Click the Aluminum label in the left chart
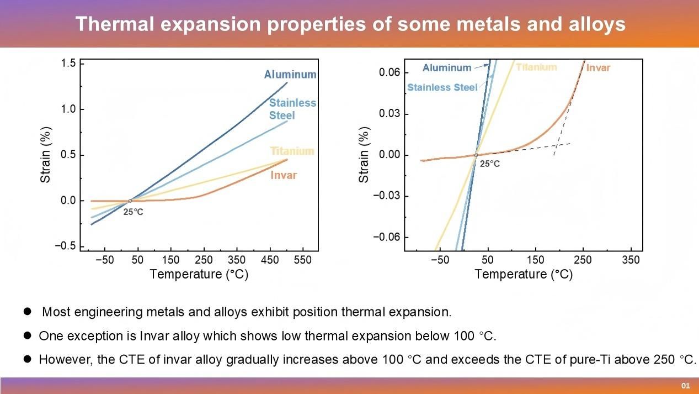[x=290, y=75]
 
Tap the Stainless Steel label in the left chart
[x=292, y=109]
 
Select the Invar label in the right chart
[x=598, y=68]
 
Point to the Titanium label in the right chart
[x=536, y=67]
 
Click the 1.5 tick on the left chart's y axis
[x=68, y=64]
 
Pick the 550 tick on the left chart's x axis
[x=303, y=260]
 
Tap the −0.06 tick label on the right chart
[x=387, y=237]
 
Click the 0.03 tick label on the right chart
[x=389, y=113]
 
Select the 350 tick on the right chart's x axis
[x=631, y=260]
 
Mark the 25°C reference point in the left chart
[x=130, y=201]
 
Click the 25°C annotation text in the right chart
[x=489, y=164]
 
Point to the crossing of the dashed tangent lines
[x=557, y=146]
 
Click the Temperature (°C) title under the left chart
[x=199, y=274]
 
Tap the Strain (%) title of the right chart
[x=364, y=155]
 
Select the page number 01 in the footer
[x=686, y=386]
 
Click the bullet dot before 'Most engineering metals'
[x=27, y=311]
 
